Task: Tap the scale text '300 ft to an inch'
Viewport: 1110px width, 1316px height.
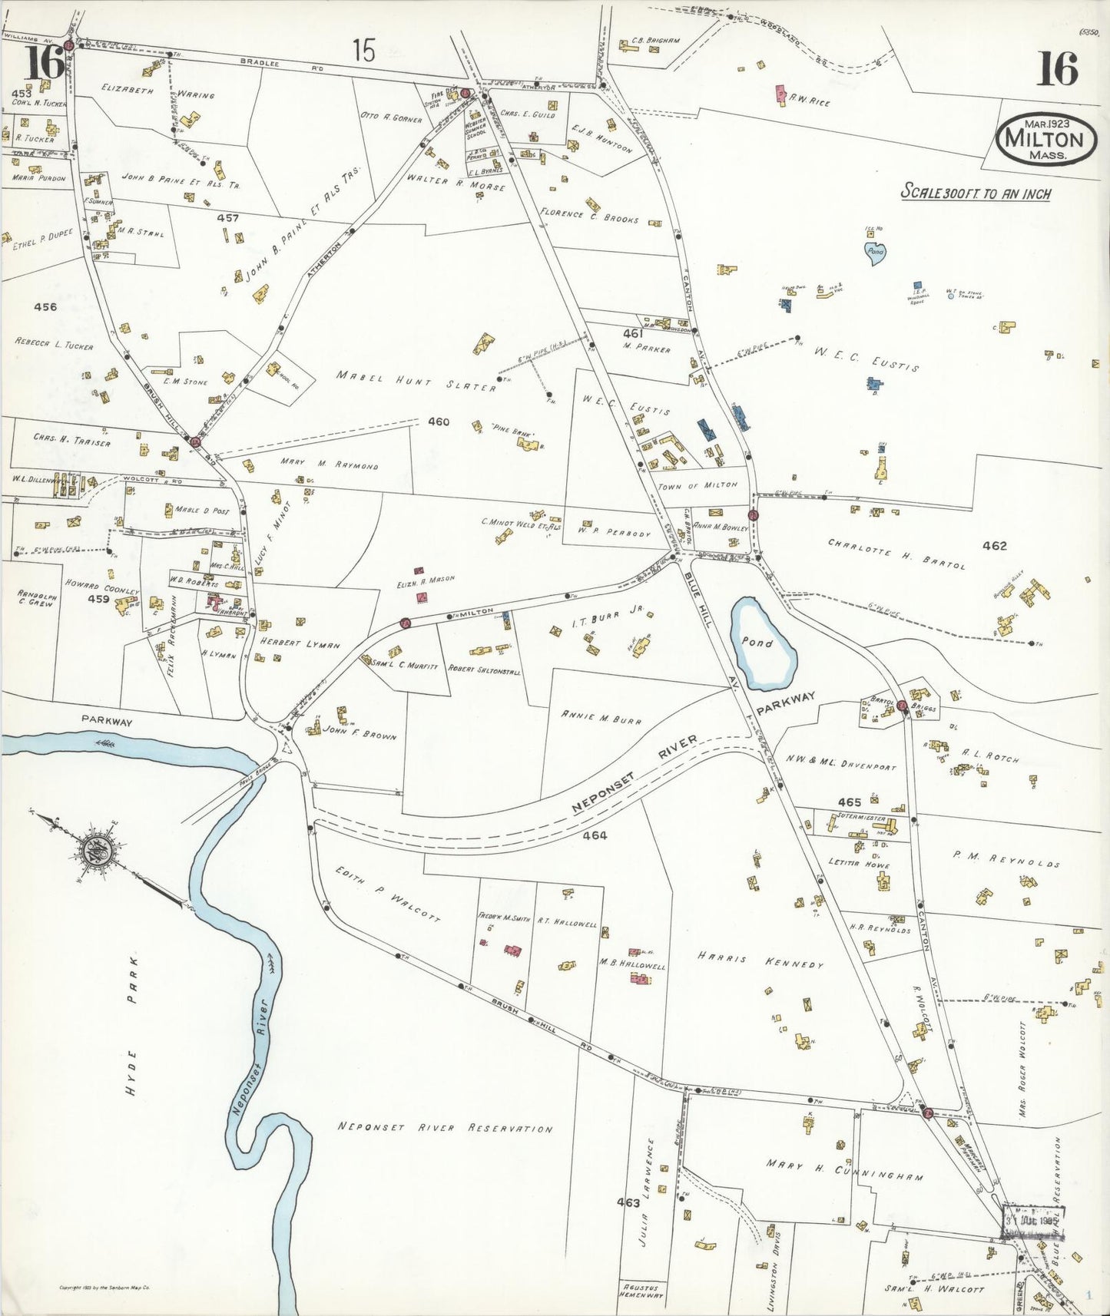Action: [x=976, y=193]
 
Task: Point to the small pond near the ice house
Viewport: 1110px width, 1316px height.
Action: [x=875, y=253]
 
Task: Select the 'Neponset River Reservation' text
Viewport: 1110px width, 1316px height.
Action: [x=445, y=1128]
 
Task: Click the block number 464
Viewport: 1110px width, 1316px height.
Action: [x=594, y=835]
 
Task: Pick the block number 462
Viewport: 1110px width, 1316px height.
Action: [x=994, y=546]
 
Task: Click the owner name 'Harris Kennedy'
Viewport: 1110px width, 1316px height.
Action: [x=760, y=959]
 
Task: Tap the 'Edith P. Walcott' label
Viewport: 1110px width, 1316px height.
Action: [x=387, y=893]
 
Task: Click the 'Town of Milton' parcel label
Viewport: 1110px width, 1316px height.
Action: [x=697, y=485]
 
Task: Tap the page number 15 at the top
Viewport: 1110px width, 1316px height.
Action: [x=363, y=52]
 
